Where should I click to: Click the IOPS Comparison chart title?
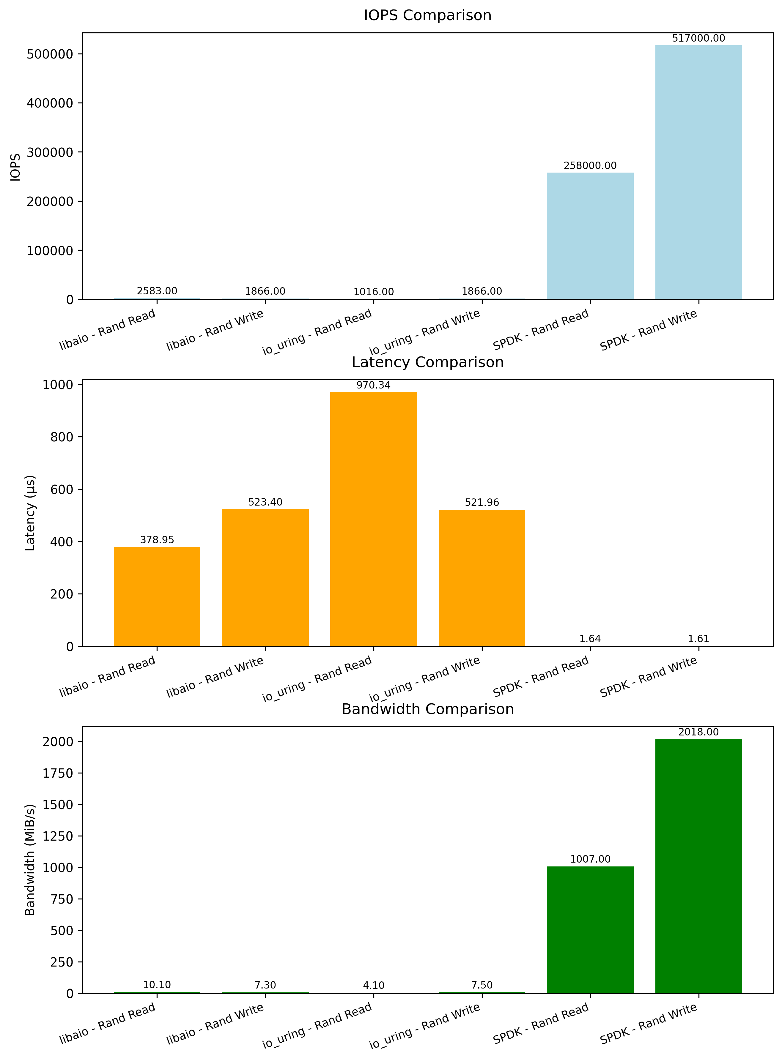point(427,16)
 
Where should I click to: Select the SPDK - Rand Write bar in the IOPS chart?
point(698,172)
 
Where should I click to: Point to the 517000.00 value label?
point(698,38)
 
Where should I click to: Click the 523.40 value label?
point(265,502)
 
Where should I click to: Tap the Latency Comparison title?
point(427,362)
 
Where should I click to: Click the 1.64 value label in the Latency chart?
point(590,639)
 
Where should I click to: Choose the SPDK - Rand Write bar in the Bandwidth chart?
point(698,866)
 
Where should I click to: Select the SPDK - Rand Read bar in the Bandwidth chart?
point(590,929)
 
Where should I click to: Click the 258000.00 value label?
point(590,165)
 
